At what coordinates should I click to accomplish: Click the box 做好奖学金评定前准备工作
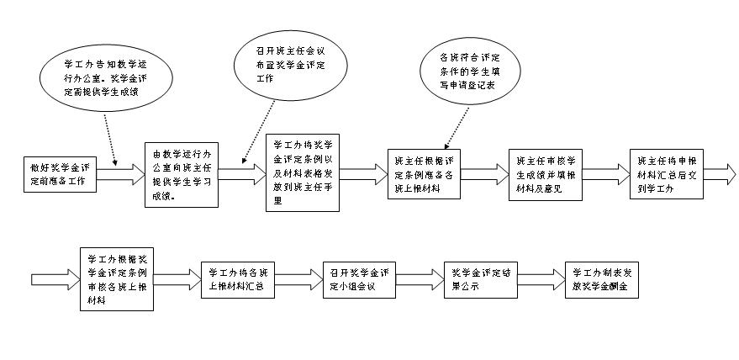[58, 173]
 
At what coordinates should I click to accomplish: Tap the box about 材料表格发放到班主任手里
[302, 173]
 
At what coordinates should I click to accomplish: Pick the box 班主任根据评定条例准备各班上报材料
[425, 174]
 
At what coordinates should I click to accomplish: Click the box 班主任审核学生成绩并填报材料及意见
[545, 173]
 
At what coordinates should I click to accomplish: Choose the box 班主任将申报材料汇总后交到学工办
[666, 173]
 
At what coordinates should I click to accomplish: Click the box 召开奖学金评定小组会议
[359, 279]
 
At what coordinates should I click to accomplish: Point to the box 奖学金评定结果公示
[478, 279]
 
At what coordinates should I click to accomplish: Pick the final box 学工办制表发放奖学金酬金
[603, 279]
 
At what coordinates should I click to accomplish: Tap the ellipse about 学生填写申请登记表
[468, 70]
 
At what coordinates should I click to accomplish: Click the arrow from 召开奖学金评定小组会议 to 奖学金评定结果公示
[419, 279]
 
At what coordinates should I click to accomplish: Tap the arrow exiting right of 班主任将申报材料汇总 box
[718, 173]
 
